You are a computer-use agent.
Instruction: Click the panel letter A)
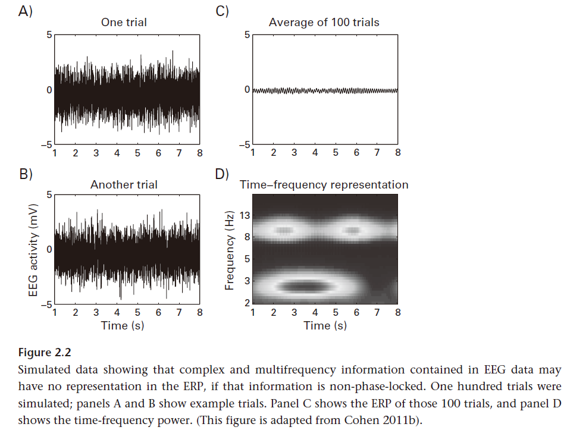pyautogui.click(x=25, y=11)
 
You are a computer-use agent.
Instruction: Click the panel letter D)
pyautogui.click(x=222, y=174)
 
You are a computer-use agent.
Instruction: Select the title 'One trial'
pyautogui.click(x=124, y=23)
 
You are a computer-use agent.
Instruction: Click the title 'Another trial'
pyautogui.click(x=124, y=185)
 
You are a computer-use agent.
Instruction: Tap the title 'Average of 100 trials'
pyautogui.click(x=324, y=23)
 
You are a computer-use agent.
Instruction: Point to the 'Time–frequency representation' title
pyautogui.click(x=324, y=185)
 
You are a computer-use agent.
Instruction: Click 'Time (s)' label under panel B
pyautogui.click(x=123, y=325)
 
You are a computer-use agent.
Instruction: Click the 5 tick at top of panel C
pyautogui.click(x=247, y=35)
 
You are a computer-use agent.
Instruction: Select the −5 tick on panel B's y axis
pyautogui.click(x=46, y=305)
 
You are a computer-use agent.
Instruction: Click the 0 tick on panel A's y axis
pyautogui.click(x=49, y=90)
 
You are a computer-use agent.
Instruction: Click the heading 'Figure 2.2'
pyautogui.click(x=45, y=353)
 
